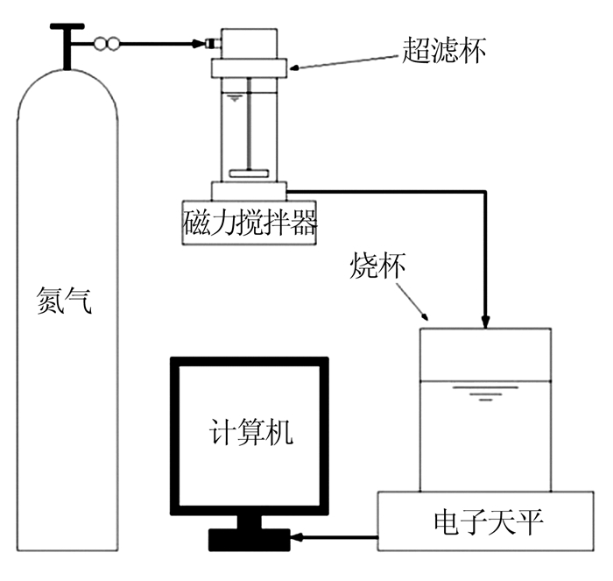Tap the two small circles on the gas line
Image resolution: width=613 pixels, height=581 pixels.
[x=106, y=42]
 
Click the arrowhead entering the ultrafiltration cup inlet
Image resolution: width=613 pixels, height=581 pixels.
[x=199, y=42]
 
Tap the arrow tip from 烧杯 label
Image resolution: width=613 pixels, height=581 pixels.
[x=426, y=316]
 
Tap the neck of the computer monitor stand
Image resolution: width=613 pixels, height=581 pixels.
[x=250, y=523]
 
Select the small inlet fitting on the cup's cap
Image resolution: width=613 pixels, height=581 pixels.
[x=212, y=42]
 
